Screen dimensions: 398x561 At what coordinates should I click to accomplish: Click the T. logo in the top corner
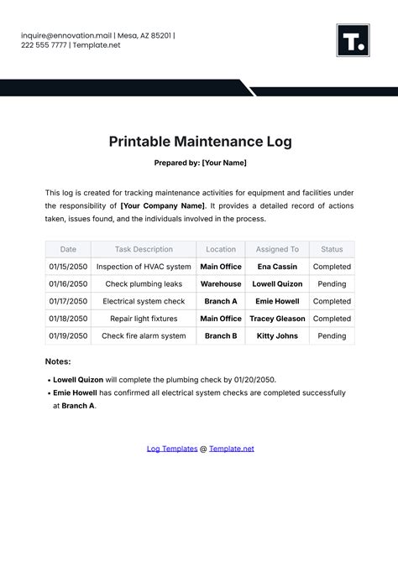coord(353,40)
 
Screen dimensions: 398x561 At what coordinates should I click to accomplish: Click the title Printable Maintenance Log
coord(200,141)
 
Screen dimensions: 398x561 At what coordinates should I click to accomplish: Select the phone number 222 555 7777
coord(47,45)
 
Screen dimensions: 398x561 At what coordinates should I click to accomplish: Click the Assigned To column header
coord(277,249)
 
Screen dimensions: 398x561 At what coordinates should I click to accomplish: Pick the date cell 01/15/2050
coord(68,267)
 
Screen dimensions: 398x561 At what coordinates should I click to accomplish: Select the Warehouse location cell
coord(221,283)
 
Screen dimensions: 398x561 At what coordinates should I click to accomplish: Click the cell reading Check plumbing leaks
coord(144,283)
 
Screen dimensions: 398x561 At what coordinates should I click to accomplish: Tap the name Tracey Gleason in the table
coord(277,319)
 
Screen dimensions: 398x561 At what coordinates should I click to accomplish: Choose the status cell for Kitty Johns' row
coord(332,336)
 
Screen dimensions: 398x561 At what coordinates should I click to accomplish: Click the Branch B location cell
coord(221,336)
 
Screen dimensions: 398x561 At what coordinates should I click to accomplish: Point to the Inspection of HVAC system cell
coord(144,267)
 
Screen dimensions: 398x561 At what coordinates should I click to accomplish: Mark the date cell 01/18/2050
coord(68,319)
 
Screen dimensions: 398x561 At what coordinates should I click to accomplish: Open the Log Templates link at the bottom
coord(172,449)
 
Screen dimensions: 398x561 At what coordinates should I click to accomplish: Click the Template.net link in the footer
coord(231,449)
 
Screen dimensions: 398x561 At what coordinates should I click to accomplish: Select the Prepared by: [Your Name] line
coord(200,163)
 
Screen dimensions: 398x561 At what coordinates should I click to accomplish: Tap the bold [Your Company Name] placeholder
coord(162,205)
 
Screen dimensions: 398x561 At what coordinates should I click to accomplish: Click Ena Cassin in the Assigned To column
coord(277,267)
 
